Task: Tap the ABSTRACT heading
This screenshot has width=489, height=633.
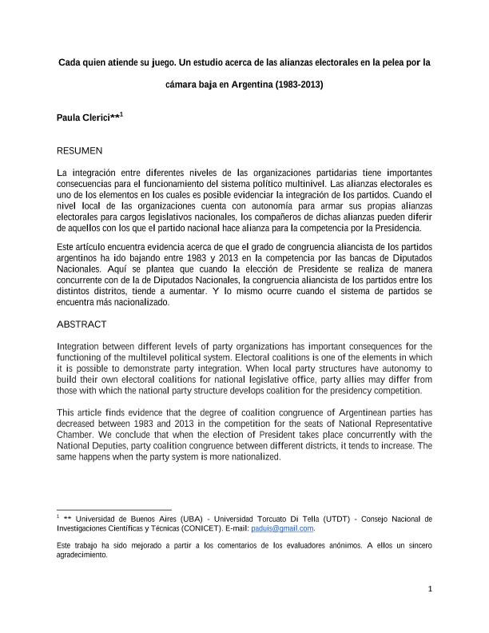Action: [81, 324]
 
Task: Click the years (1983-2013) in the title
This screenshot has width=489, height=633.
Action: [299, 84]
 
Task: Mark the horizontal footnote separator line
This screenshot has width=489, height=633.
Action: [114, 509]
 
